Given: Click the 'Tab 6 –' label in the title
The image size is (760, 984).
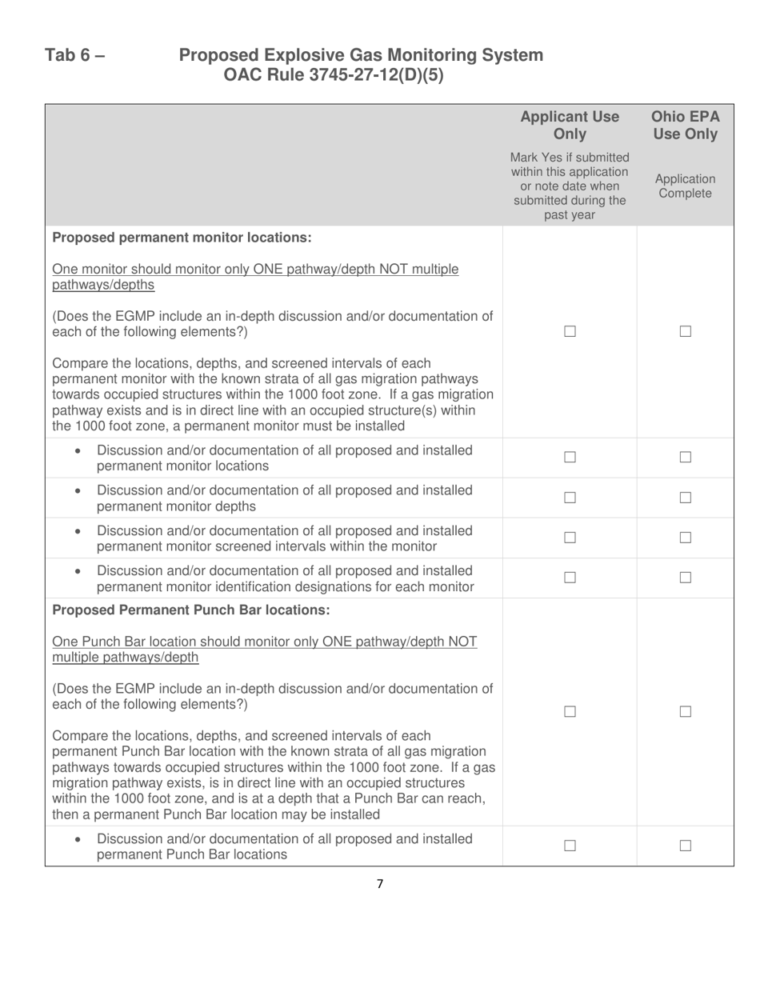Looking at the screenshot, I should click(x=75, y=55).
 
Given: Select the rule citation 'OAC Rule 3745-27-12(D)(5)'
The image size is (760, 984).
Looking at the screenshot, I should click(x=334, y=76).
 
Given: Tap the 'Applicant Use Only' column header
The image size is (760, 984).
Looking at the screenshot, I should click(x=569, y=125).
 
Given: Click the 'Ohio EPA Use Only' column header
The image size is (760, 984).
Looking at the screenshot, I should click(x=685, y=125).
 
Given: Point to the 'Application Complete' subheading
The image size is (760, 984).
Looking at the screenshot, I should click(x=685, y=186).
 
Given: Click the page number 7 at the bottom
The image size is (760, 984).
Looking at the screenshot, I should click(x=379, y=884).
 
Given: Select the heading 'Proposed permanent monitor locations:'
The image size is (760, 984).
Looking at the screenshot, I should click(x=182, y=238).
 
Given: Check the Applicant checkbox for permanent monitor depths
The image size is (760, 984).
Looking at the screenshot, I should click(x=570, y=498).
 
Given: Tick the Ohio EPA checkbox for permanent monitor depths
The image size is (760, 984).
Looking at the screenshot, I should click(x=685, y=498).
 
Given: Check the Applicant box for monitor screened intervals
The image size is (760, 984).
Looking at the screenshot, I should click(x=570, y=538).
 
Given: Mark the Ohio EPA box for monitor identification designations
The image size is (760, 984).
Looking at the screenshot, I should click(x=685, y=578).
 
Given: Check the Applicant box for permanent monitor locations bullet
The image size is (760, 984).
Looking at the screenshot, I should click(x=570, y=458).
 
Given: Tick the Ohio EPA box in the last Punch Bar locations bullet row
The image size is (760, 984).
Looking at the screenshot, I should click(x=685, y=846).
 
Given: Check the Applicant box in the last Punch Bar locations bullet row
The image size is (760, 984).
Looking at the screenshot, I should click(x=570, y=846).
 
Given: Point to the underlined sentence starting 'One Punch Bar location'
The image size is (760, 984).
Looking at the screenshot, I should click(x=264, y=650).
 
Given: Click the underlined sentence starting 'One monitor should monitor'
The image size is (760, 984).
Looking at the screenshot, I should click(x=255, y=277).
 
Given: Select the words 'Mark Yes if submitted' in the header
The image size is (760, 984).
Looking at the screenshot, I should click(x=569, y=157).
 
